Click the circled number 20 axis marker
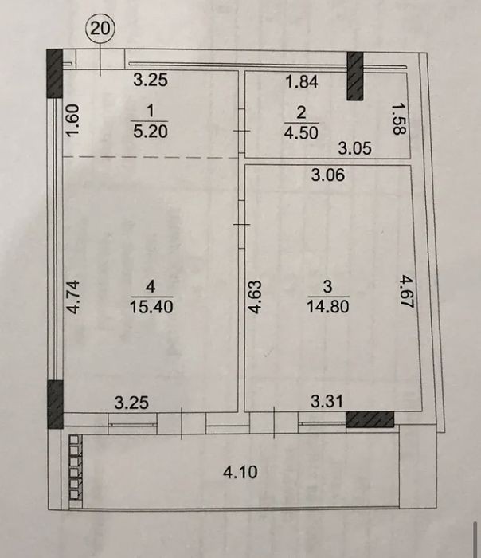point(100,28)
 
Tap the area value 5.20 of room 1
point(151,132)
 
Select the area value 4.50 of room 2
point(301,133)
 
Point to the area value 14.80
point(328,306)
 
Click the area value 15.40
point(151,306)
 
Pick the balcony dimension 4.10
point(240,472)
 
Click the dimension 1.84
point(302,82)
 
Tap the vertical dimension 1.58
point(399,119)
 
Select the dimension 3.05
point(355,148)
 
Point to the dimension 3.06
point(328,175)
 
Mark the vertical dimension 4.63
point(255,297)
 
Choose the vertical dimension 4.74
point(73,297)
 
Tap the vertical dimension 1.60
point(72,120)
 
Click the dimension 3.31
point(327,402)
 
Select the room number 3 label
point(328,286)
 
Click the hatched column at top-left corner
point(55,73)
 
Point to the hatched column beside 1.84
point(355,76)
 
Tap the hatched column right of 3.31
point(370,419)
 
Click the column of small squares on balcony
point(76,470)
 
